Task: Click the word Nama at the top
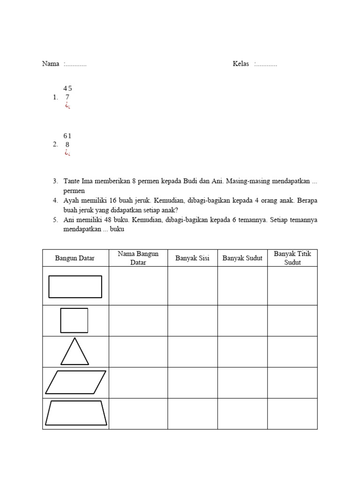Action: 51,64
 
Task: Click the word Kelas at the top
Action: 241,64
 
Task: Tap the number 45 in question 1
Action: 67,88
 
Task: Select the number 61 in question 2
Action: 67,136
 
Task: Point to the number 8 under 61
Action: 67,145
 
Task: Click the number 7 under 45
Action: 67,97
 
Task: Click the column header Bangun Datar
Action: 75,258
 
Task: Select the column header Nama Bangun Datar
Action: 138,258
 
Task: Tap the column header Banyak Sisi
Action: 192,258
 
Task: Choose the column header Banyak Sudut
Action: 242,258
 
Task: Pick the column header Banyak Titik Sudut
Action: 292,258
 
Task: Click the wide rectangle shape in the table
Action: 75,286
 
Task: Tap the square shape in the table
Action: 74,321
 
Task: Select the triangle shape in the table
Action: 75,352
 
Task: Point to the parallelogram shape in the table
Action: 75,382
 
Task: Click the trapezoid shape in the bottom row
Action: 76,413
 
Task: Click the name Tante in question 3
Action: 72,181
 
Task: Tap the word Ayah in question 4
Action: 71,201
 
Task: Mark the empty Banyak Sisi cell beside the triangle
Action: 192,352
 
